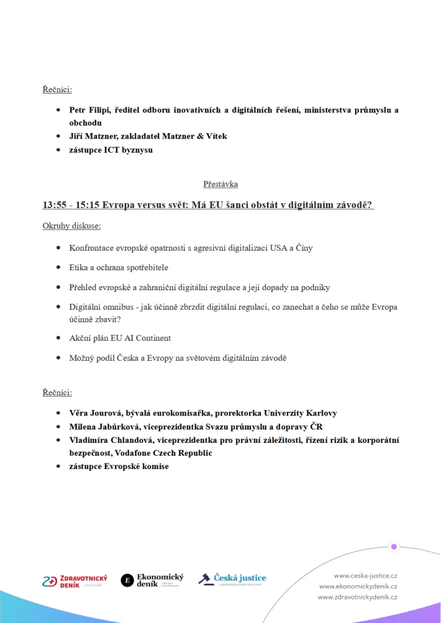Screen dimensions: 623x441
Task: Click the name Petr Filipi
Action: (89, 110)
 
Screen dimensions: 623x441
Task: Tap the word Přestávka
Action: (220, 184)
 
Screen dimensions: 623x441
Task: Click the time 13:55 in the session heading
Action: (54, 205)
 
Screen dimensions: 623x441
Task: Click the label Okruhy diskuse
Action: (71, 226)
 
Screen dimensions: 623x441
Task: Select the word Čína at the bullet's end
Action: (303, 248)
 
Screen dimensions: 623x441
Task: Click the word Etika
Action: (79, 268)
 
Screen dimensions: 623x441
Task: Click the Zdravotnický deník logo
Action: (74, 581)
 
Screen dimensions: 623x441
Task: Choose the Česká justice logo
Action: (232, 579)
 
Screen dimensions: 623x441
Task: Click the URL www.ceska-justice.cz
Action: (365, 575)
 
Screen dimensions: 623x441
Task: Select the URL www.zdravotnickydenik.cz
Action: (358, 597)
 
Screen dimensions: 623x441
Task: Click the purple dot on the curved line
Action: (394, 546)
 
